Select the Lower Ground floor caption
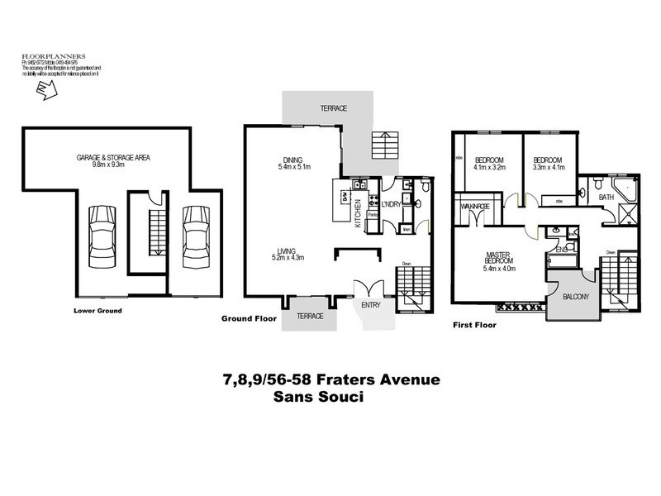97,311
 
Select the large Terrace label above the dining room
333,108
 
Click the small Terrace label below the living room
310,316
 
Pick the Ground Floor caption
247,318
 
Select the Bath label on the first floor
606,197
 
